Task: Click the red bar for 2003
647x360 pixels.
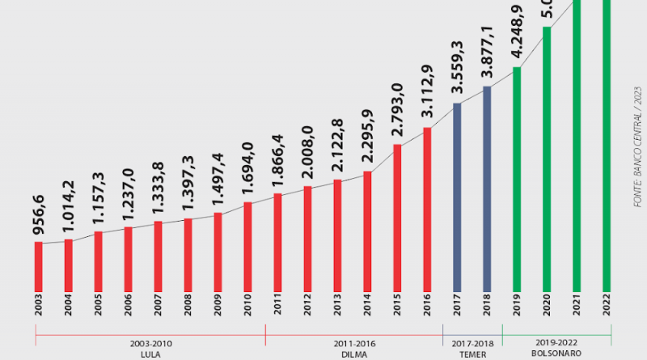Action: click(x=39, y=266)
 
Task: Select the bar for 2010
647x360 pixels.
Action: click(x=248, y=246)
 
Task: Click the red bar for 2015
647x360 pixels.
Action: click(x=397, y=218)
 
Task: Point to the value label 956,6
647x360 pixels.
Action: click(x=38, y=217)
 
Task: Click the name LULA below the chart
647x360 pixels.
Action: click(x=150, y=354)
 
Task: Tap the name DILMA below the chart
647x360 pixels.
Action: click(x=354, y=354)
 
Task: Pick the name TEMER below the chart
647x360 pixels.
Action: click(x=472, y=354)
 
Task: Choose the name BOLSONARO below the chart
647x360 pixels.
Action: click(x=556, y=354)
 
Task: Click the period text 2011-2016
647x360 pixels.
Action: click(x=354, y=343)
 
